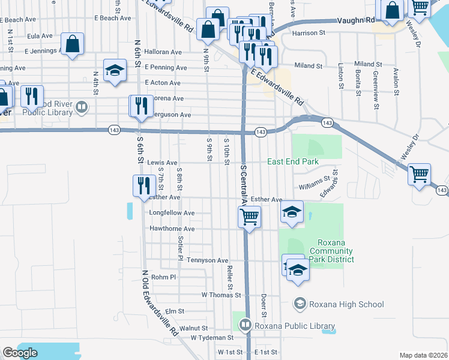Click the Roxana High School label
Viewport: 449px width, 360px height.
point(346,304)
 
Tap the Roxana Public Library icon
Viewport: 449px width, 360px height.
point(245,326)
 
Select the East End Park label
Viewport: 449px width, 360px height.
point(292,162)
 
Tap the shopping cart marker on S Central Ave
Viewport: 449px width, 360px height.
point(249,217)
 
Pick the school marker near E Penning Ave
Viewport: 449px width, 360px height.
point(115,70)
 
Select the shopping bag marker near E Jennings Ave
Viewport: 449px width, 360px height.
point(72,44)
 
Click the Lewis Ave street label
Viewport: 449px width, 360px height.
point(163,163)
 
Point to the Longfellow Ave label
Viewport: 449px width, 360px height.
point(172,213)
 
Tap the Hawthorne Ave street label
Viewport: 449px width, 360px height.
point(172,229)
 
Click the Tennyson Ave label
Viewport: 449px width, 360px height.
point(208,260)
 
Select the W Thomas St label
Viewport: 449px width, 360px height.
point(221,295)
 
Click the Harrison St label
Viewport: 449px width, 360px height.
point(308,32)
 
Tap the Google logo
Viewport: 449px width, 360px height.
point(20,353)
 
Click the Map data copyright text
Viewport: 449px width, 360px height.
point(423,355)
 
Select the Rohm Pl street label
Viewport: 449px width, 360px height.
point(163,277)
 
